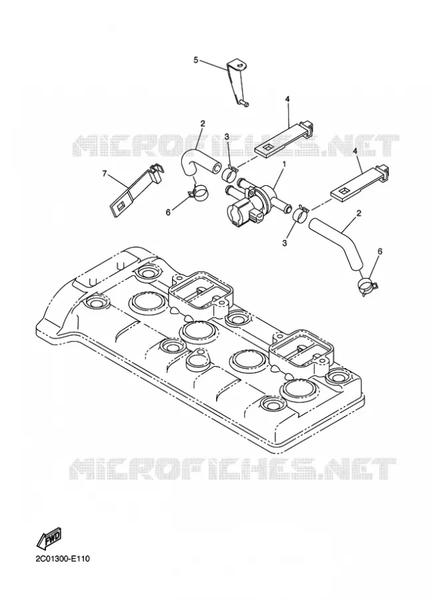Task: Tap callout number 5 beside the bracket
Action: pos(196,60)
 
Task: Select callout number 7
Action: pos(105,174)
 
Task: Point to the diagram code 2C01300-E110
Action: pos(63,559)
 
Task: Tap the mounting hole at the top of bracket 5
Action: pos(238,66)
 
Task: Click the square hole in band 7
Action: pos(119,205)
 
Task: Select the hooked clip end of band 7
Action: pos(156,171)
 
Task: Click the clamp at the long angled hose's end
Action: pos(368,286)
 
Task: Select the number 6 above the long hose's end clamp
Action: pos(379,252)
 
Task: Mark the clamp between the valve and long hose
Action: pos(301,213)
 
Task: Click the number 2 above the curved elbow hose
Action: pos(203,123)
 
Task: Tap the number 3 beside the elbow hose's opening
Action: pos(227,137)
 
